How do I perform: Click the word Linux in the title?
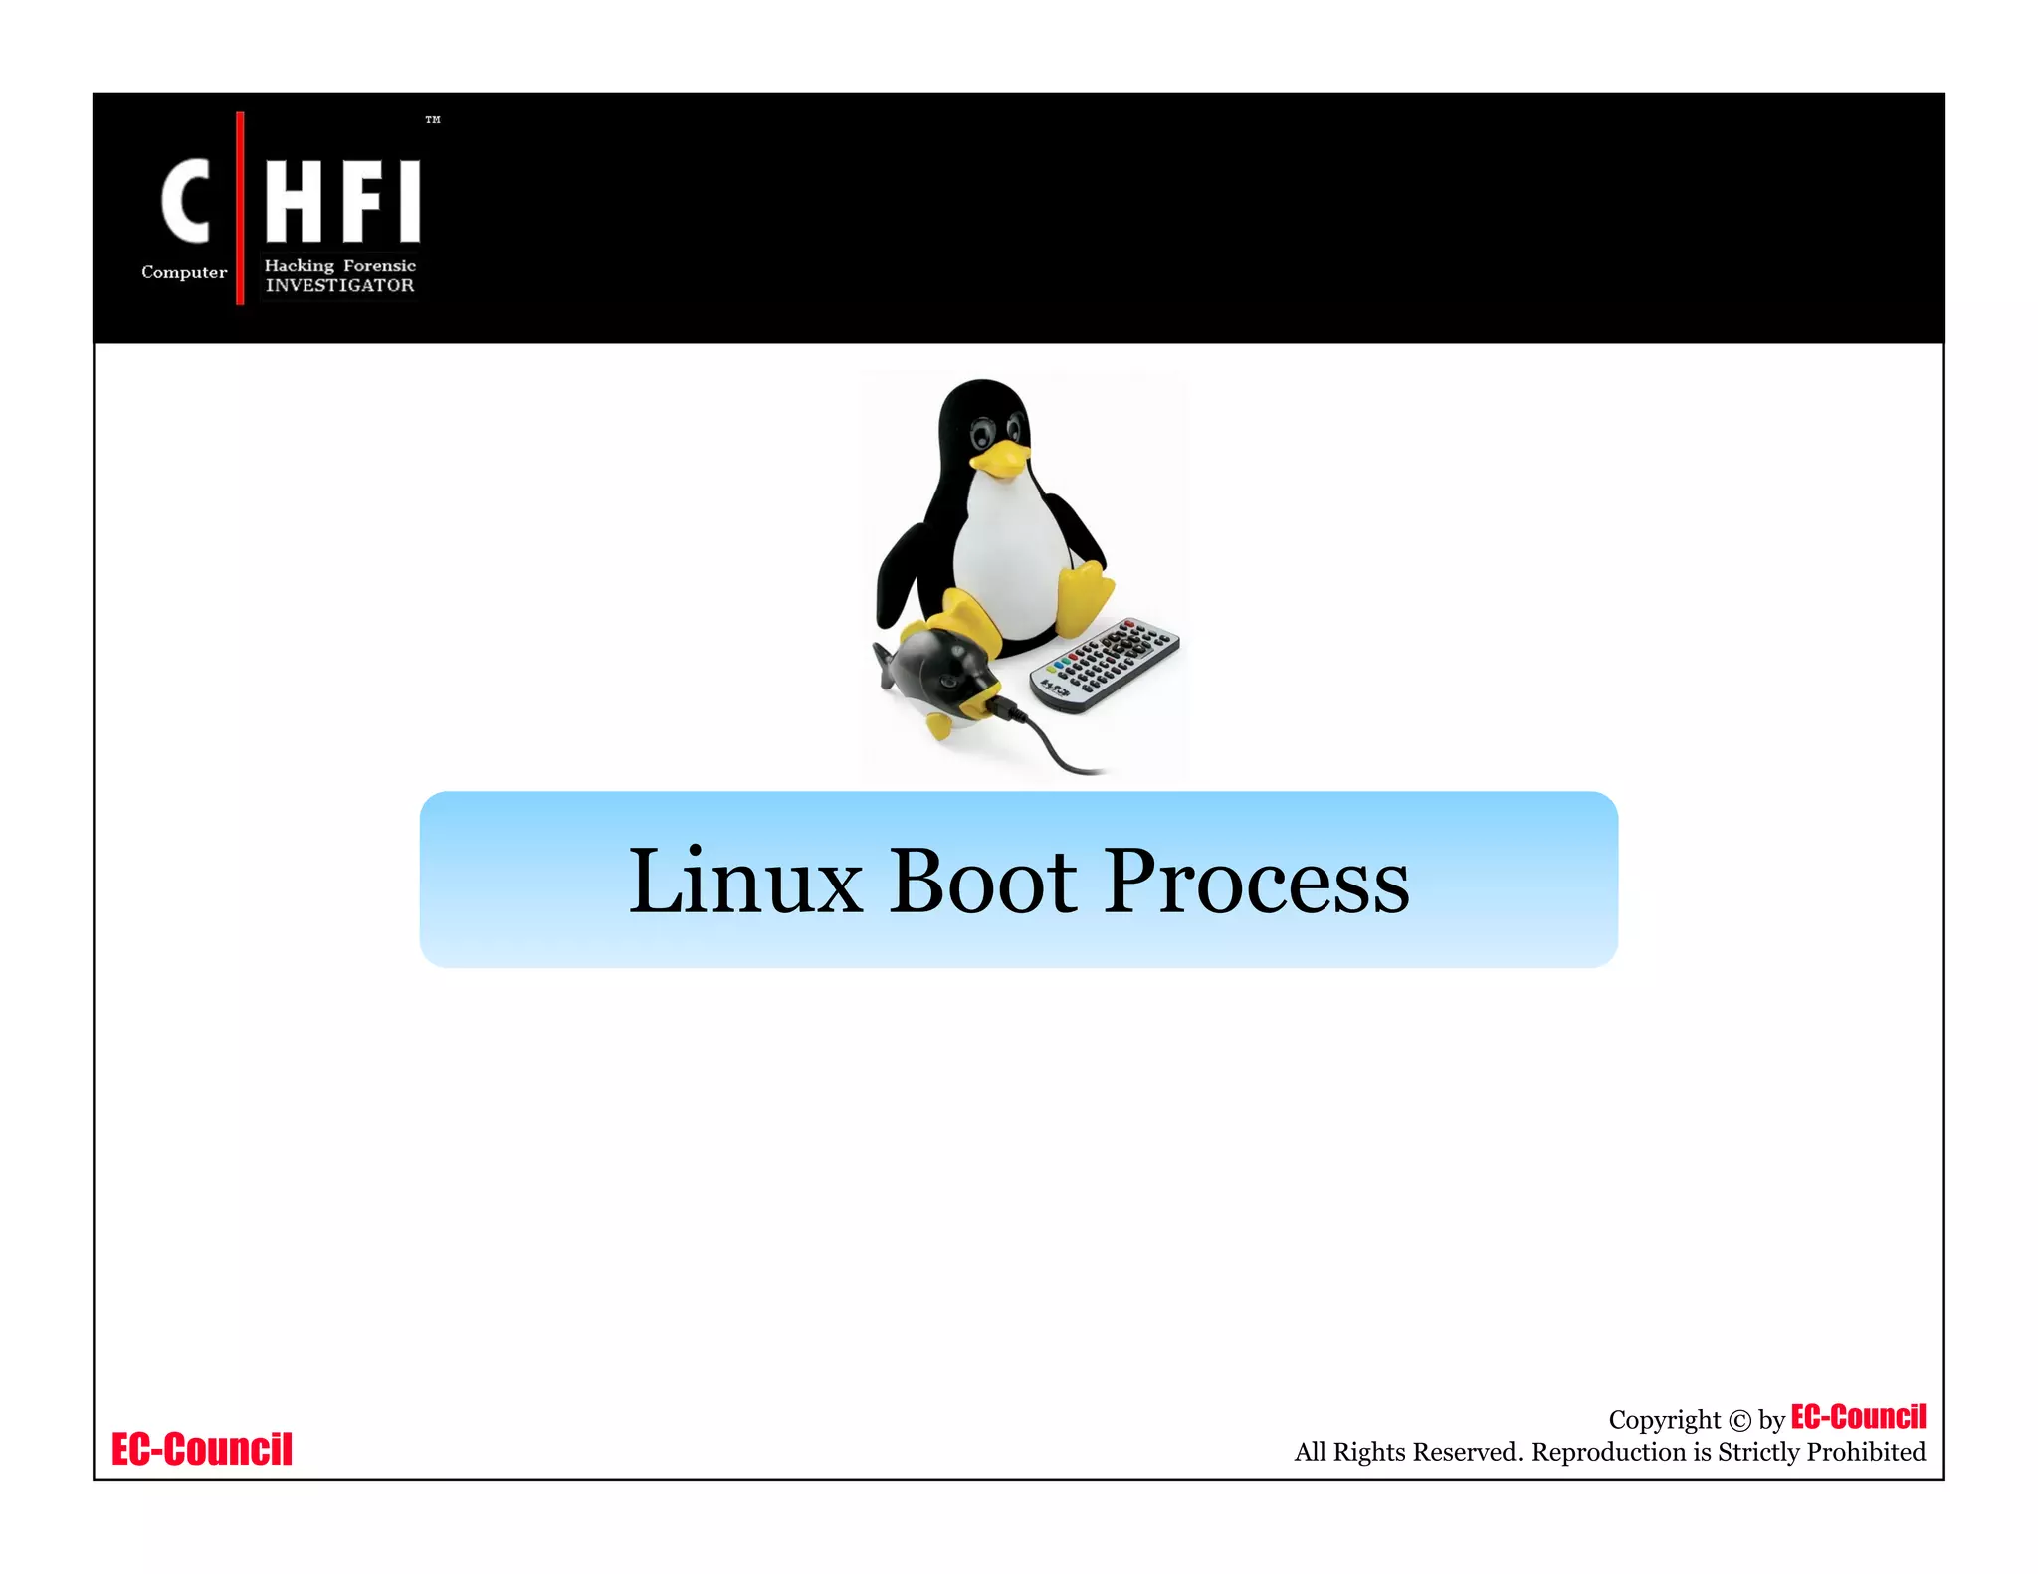pyautogui.click(x=744, y=882)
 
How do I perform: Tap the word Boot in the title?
pyautogui.click(x=982, y=882)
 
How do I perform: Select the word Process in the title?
pyautogui.click(x=1257, y=884)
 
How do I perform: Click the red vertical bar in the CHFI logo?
pyautogui.click(x=240, y=208)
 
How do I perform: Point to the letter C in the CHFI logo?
pyautogui.click(x=186, y=202)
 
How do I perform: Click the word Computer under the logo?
pyautogui.click(x=184, y=272)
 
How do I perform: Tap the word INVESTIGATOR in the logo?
pyautogui.click(x=339, y=286)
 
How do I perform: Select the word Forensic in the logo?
pyautogui.click(x=379, y=265)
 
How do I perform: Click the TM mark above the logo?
pyautogui.click(x=432, y=120)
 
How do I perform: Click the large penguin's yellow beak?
pyautogui.click(x=1000, y=459)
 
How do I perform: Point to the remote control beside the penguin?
pyautogui.click(x=1105, y=665)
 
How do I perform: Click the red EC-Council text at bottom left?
pyautogui.click(x=202, y=1449)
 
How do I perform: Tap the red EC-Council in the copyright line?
pyautogui.click(x=1858, y=1416)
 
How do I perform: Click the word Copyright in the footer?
pyautogui.click(x=1664, y=1420)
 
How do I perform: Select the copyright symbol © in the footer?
pyautogui.click(x=1739, y=1421)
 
